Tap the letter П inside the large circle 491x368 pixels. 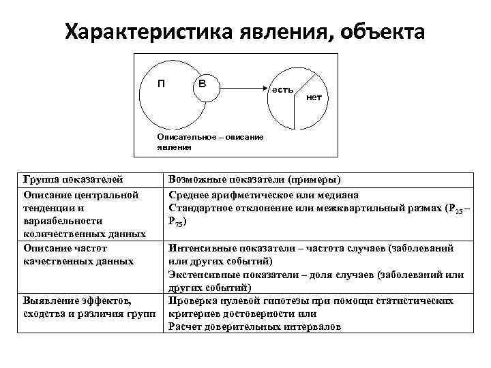(x=161, y=84)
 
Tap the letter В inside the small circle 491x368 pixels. (x=203, y=84)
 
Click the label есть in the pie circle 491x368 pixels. (x=282, y=89)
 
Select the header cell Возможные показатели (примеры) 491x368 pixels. (x=254, y=180)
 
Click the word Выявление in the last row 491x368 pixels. (x=48, y=301)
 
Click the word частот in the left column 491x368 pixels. (x=91, y=248)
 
